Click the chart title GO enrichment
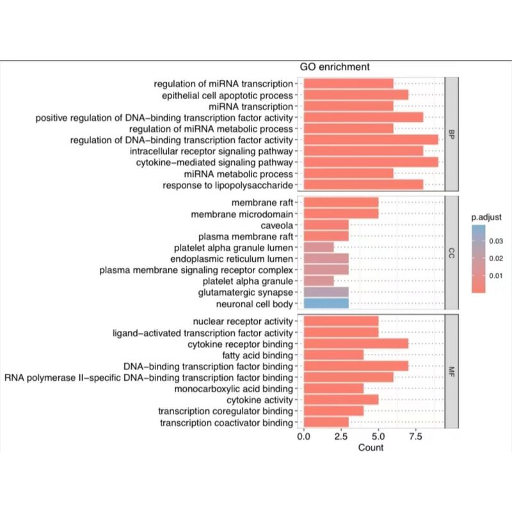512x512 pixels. click(x=336, y=67)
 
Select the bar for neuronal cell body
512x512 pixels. click(x=326, y=303)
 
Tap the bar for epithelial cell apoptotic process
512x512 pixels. click(x=356, y=95)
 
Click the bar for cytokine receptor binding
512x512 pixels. click(x=356, y=344)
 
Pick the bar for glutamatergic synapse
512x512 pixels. click(x=326, y=292)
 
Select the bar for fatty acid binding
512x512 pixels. click(x=333, y=355)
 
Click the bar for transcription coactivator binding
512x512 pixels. click(x=326, y=422)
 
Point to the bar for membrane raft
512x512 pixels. click(x=341, y=202)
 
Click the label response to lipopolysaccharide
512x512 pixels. click(x=228, y=185)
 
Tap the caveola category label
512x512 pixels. click(x=277, y=225)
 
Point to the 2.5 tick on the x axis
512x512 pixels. click(x=341, y=436)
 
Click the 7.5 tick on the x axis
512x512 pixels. click(x=415, y=436)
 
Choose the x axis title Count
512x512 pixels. click(x=371, y=447)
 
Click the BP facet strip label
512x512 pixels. click(x=452, y=134)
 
